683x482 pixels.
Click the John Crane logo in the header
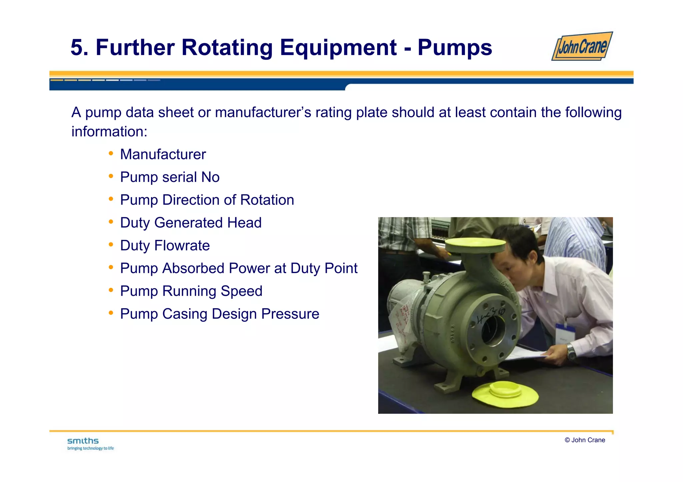582,46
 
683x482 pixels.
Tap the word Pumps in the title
455,47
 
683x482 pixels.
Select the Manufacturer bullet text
163,154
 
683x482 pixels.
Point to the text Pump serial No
170,177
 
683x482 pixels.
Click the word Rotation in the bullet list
267,200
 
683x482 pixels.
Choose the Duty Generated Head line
191,223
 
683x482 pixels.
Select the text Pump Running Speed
191,291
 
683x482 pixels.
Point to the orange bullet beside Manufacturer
111,154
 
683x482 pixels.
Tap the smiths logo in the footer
83,441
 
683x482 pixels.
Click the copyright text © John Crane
585,440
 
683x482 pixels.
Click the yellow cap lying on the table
505,393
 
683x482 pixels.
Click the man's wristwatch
571,351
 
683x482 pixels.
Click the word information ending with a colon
109,132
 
